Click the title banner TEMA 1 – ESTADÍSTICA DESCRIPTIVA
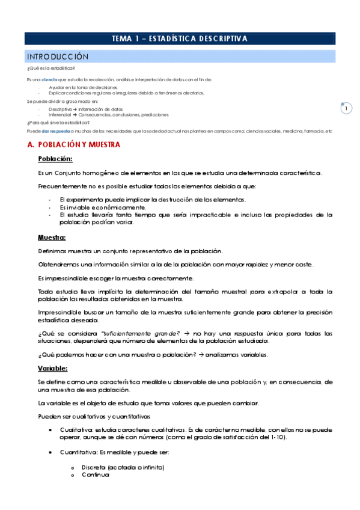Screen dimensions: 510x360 (180, 38)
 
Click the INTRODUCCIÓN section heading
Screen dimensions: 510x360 (58, 57)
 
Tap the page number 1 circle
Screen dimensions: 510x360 (346, 108)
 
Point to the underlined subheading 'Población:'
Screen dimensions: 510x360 (55, 159)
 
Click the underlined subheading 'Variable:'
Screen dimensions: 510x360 (53, 368)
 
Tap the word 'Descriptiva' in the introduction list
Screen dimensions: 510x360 (60, 109)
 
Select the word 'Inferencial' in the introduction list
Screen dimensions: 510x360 (59, 114)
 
